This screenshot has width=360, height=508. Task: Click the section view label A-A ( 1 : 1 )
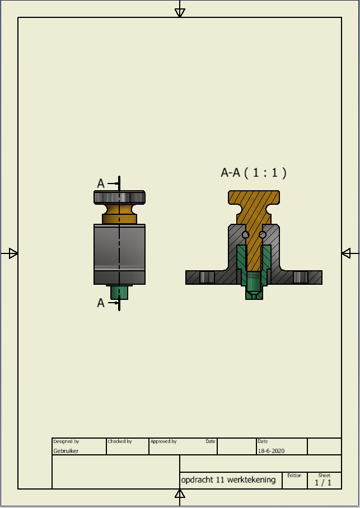(254, 173)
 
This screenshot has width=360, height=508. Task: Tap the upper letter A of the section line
(101, 184)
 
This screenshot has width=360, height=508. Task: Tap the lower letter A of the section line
(101, 303)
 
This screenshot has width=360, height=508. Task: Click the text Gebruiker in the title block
(66, 451)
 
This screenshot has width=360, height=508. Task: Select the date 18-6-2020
(271, 451)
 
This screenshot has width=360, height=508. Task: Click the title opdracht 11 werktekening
(228, 479)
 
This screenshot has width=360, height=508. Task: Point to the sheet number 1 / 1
(323, 482)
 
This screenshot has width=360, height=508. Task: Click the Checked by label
(120, 441)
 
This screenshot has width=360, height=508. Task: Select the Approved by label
(163, 441)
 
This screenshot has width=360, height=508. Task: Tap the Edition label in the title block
(294, 476)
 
